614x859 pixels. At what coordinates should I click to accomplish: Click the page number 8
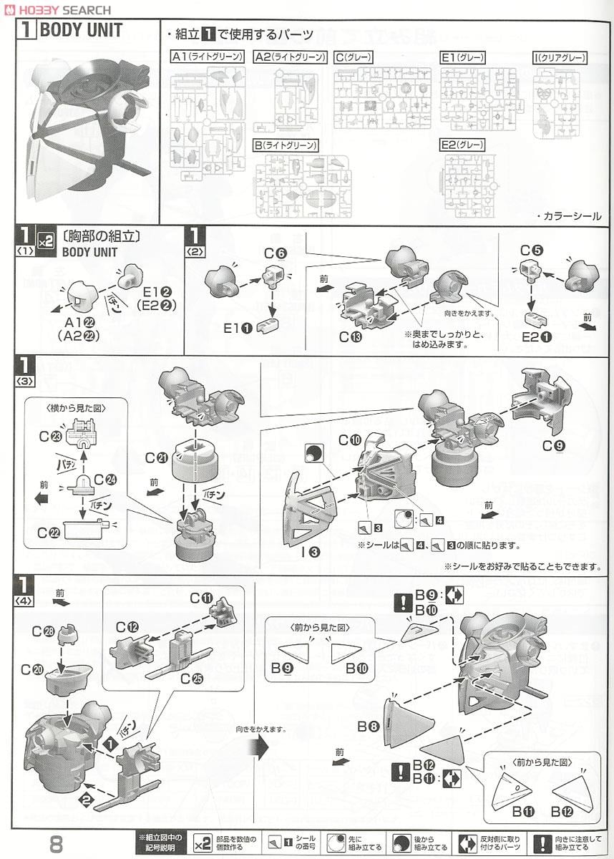pyautogui.click(x=57, y=843)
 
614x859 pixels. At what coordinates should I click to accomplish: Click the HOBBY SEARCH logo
pyautogui.click(x=56, y=9)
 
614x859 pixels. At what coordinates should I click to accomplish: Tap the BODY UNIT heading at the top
pyautogui.click(x=80, y=30)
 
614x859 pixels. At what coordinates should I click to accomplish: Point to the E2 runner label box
pyautogui.click(x=462, y=145)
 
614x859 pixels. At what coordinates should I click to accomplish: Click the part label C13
pyautogui.click(x=350, y=336)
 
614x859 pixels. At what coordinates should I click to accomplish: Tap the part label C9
pyautogui.click(x=553, y=445)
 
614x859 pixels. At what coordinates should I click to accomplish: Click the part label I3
pyautogui.click(x=311, y=551)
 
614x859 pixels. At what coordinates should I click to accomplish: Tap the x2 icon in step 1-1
pyautogui.click(x=45, y=243)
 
